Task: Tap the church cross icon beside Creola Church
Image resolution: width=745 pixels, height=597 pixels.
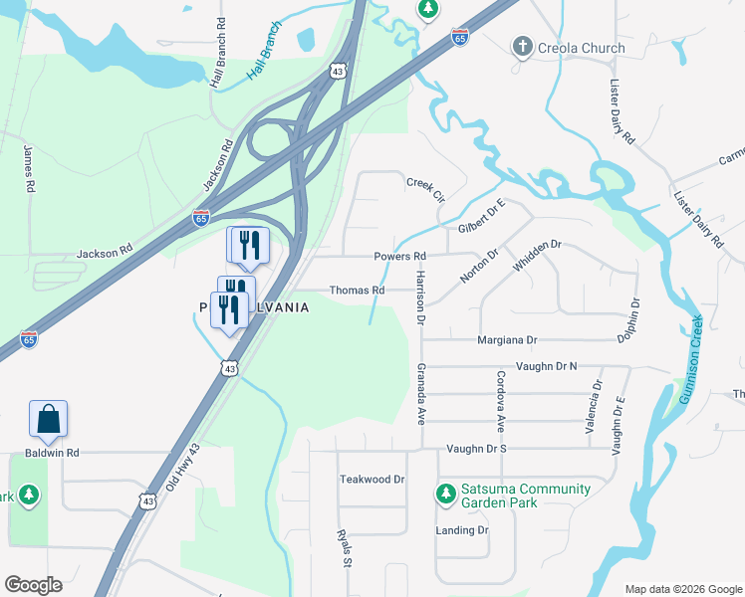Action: (x=522, y=47)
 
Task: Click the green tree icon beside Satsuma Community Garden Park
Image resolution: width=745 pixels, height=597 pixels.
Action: (x=445, y=493)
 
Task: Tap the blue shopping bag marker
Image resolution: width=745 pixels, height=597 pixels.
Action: (x=49, y=421)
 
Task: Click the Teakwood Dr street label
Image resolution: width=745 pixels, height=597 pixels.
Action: (x=372, y=479)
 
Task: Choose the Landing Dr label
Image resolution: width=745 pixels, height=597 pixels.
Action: (x=462, y=529)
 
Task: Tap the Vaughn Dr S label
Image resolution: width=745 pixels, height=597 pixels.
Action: (x=477, y=449)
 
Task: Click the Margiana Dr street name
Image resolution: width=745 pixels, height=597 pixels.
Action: (x=508, y=339)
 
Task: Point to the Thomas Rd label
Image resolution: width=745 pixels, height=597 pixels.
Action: (x=358, y=291)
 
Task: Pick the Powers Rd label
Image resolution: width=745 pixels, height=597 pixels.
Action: (x=399, y=257)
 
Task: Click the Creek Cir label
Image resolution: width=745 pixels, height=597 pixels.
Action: (x=425, y=188)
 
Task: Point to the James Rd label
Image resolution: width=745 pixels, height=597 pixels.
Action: (x=29, y=168)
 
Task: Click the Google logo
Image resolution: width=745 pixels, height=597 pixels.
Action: (x=32, y=585)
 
